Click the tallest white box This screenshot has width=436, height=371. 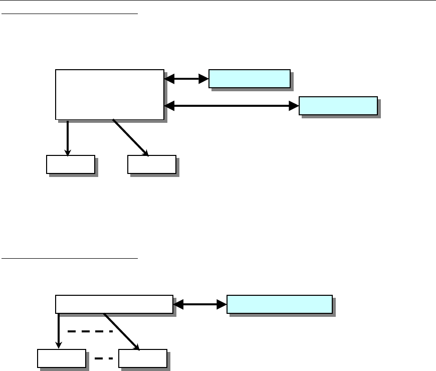point(109,94)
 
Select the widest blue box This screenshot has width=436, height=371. point(279,304)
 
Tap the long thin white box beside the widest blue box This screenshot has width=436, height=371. point(114,304)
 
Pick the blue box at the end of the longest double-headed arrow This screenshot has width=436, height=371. point(338,105)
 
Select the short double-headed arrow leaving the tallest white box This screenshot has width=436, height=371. point(186,79)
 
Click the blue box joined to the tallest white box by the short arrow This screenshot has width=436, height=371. point(249,79)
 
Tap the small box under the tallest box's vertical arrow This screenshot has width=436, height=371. point(71,164)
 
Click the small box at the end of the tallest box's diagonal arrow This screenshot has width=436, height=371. point(152,164)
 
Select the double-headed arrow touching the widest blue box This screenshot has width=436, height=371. point(200,304)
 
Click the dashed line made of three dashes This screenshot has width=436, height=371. point(90,331)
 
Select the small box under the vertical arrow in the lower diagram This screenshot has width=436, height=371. point(61,358)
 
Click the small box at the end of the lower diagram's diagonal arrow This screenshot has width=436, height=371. point(143,358)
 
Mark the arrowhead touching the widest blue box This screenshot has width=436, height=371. point(222,304)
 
